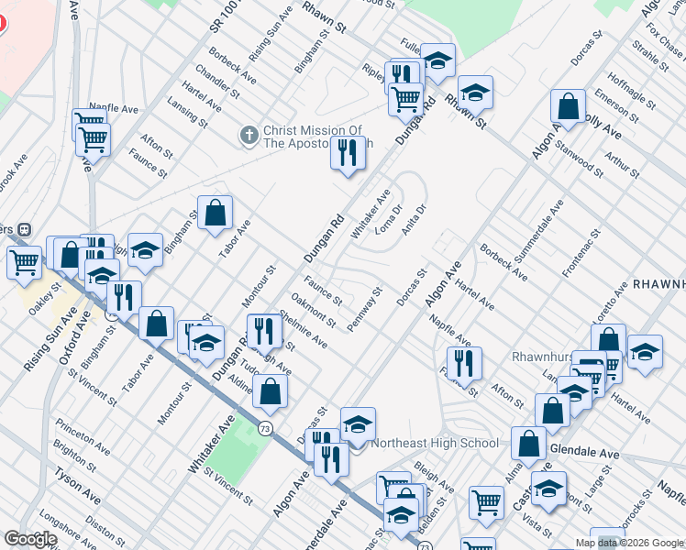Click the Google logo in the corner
(30, 539)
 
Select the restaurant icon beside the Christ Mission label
(347, 153)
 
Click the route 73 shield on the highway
(265, 427)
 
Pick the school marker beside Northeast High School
(358, 424)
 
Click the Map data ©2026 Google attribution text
(629, 543)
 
